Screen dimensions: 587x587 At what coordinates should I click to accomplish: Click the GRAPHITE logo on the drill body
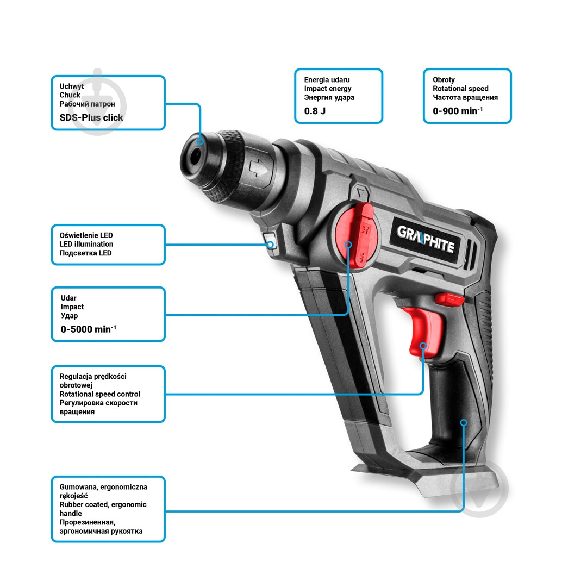tap(426, 240)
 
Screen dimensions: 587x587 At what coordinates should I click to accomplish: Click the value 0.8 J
tap(315, 111)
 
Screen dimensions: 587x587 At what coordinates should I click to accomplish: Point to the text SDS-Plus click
tap(91, 117)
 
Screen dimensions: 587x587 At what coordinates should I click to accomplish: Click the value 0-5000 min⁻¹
tap(88, 329)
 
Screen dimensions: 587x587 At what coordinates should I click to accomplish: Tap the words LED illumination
tap(86, 244)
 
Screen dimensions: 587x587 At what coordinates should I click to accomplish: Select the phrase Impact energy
tap(328, 89)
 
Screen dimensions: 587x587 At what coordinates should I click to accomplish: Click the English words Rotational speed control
tap(99, 394)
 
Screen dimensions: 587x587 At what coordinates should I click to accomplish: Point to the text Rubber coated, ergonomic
tap(103, 504)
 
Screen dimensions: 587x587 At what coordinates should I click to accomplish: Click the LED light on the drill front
tap(270, 241)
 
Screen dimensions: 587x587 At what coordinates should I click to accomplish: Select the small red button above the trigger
tap(449, 298)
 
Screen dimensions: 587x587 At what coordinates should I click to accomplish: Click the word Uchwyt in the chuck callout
tap(72, 86)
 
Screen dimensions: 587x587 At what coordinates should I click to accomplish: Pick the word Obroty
tap(444, 80)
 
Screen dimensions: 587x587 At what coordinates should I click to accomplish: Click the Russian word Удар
tap(69, 316)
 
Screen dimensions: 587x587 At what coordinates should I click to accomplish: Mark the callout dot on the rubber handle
tap(464, 422)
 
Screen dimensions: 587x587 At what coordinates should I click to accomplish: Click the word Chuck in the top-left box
tap(70, 95)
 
